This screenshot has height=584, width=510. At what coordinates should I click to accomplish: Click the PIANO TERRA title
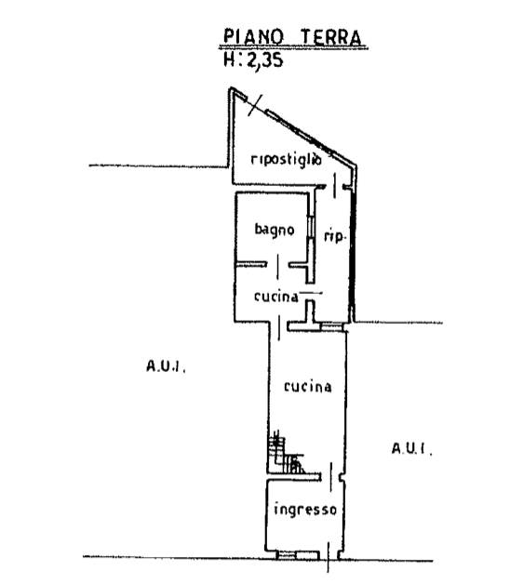(292, 37)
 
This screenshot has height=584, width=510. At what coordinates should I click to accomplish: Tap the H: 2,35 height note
(253, 60)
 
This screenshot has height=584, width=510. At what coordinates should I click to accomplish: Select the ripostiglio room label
(287, 159)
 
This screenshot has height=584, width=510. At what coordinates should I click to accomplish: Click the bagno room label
(275, 230)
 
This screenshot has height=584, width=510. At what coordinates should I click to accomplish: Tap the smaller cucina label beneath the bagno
(276, 297)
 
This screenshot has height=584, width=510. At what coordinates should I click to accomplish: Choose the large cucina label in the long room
(307, 387)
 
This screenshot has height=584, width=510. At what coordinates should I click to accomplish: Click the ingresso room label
(305, 509)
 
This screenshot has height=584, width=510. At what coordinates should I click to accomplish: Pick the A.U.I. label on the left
(166, 366)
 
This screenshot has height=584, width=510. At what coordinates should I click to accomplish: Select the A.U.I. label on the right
(412, 448)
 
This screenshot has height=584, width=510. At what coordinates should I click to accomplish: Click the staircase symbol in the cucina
(286, 453)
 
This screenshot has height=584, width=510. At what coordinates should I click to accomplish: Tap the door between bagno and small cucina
(277, 266)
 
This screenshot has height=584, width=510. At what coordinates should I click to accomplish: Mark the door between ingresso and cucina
(331, 477)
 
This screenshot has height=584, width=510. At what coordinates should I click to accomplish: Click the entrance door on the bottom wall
(329, 557)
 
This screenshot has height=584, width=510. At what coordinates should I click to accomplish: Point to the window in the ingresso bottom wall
(288, 556)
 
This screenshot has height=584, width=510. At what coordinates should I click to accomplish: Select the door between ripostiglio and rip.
(334, 185)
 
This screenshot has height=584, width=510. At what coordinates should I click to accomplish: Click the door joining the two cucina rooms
(279, 327)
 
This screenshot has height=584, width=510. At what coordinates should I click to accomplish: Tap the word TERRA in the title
(331, 37)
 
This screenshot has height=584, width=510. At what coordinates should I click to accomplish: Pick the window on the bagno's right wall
(310, 227)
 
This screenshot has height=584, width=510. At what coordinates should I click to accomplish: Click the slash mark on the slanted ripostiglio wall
(255, 105)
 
